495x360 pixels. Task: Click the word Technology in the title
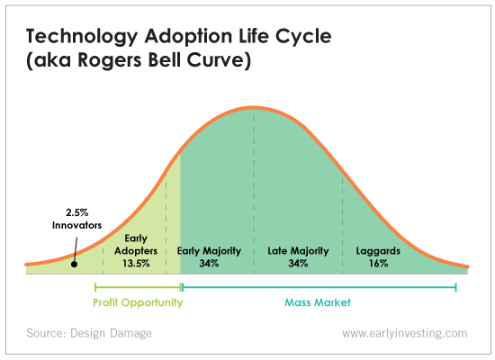tap(82, 37)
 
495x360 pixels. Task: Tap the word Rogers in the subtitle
tap(110, 60)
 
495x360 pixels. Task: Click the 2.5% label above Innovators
tap(77, 212)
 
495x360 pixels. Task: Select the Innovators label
tap(77, 225)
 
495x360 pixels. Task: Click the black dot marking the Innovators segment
tap(74, 264)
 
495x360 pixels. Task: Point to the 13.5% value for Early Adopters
tap(136, 264)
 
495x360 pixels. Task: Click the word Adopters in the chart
tap(136, 251)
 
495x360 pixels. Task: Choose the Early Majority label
tap(209, 251)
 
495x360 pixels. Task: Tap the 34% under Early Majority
tap(209, 264)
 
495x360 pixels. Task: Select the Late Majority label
tap(298, 251)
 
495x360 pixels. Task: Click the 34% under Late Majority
tap(298, 264)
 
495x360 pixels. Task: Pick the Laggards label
tap(378, 251)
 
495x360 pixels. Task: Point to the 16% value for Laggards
tap(379, 264)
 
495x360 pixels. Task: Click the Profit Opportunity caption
tap(138, 302)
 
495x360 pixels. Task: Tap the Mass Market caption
tap(318, 302)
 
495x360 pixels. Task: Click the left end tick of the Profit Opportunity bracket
tap(95, 287)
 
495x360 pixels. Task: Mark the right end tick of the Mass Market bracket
tap(456, 287)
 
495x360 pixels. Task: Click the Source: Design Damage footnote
tap(89, 333)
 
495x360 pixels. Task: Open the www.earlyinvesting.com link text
tap(405, 334)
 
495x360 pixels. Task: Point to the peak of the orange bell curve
tap(254, 108)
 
